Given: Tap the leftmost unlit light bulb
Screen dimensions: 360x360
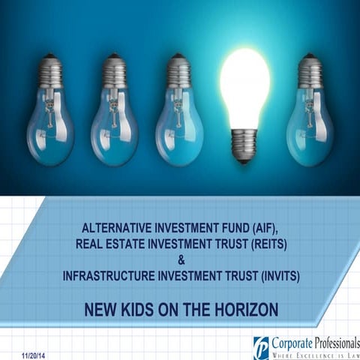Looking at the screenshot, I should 50,112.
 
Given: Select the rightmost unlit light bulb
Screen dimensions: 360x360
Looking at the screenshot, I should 310,112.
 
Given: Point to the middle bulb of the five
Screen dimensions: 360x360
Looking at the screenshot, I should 179,112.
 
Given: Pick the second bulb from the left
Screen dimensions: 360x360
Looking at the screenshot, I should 114,112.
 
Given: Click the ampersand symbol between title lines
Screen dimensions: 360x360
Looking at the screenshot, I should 180,260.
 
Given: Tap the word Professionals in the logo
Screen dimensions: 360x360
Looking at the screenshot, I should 337,341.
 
